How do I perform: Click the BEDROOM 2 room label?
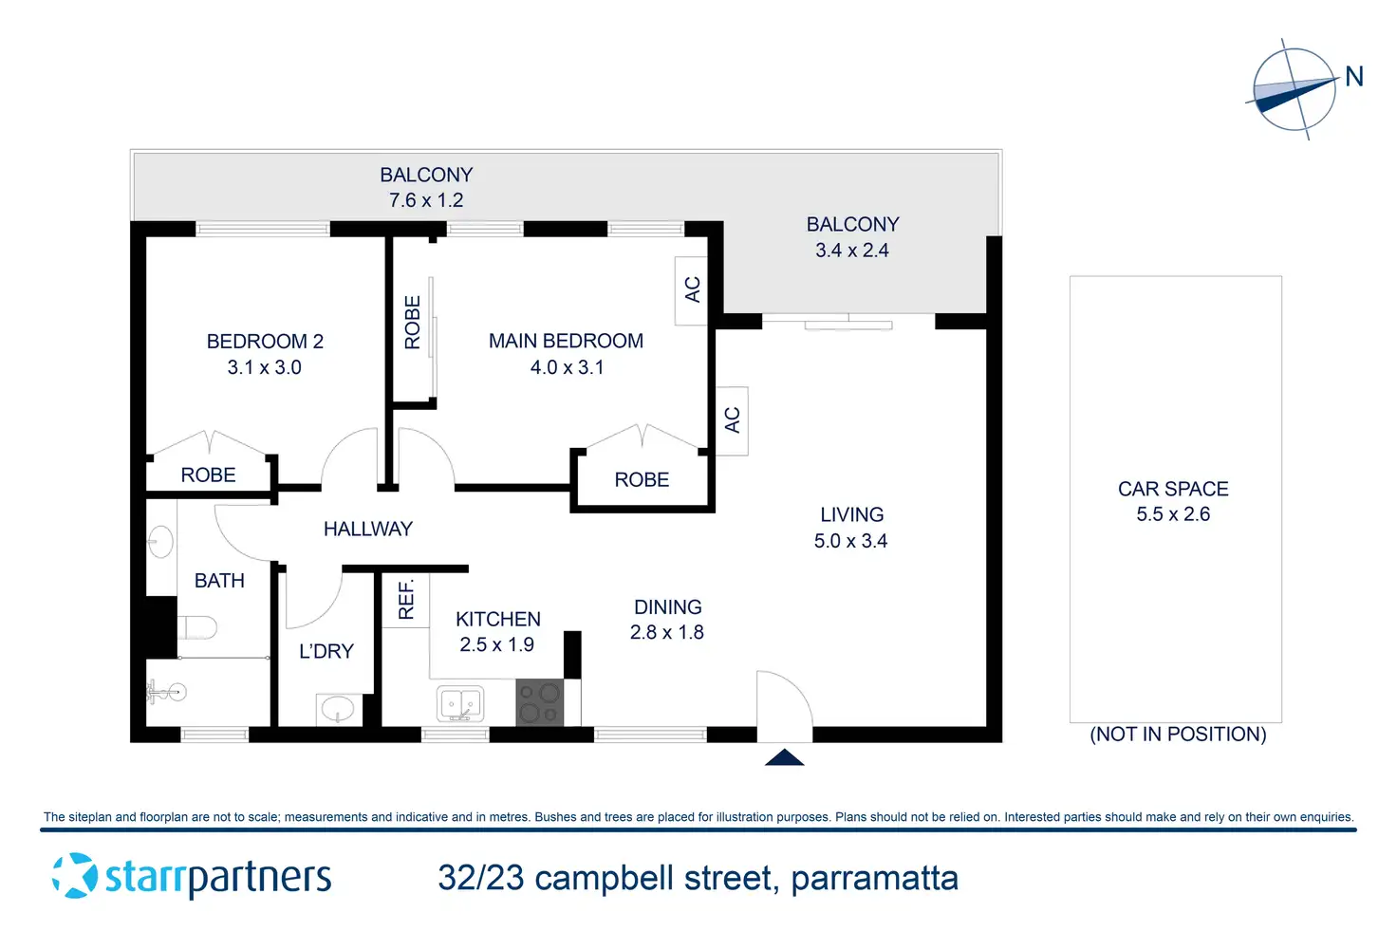(265, 342)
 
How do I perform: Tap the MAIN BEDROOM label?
(566, 342)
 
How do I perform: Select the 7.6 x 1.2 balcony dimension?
(426, 200)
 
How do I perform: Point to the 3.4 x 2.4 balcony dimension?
(852, 251)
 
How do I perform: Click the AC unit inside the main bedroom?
(692, 290)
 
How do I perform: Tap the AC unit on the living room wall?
(732, 420)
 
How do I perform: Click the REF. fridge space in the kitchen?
(406, 601)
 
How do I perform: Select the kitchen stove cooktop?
(540, 703)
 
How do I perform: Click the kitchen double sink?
(461, 704)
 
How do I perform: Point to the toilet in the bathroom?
(197, 627)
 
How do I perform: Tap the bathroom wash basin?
(160, 542)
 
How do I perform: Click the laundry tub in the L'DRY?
(338, 708)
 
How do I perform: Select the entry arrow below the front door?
(785, 757)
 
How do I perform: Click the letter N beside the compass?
(1354, 77)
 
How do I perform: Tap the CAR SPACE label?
(1173, 489)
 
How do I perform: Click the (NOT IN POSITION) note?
(1178, 735)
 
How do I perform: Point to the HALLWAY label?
(368, 530)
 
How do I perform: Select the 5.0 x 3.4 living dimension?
(850, 541)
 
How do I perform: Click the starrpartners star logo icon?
(74, 876)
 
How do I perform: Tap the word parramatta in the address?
(874, 879)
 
